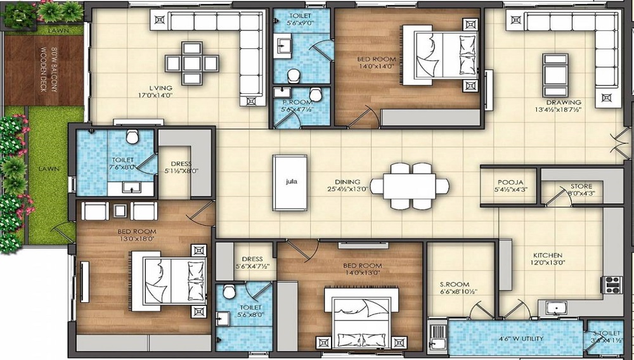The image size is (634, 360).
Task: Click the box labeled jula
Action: pos(291,182)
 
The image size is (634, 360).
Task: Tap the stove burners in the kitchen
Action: pos(612,285)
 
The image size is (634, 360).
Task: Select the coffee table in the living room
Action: pos(192,62)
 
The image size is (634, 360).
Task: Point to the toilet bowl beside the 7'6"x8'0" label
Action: pos(132,137)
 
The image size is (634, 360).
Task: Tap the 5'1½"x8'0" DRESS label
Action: pos(181,170)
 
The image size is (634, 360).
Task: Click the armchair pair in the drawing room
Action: pos(555,75)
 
